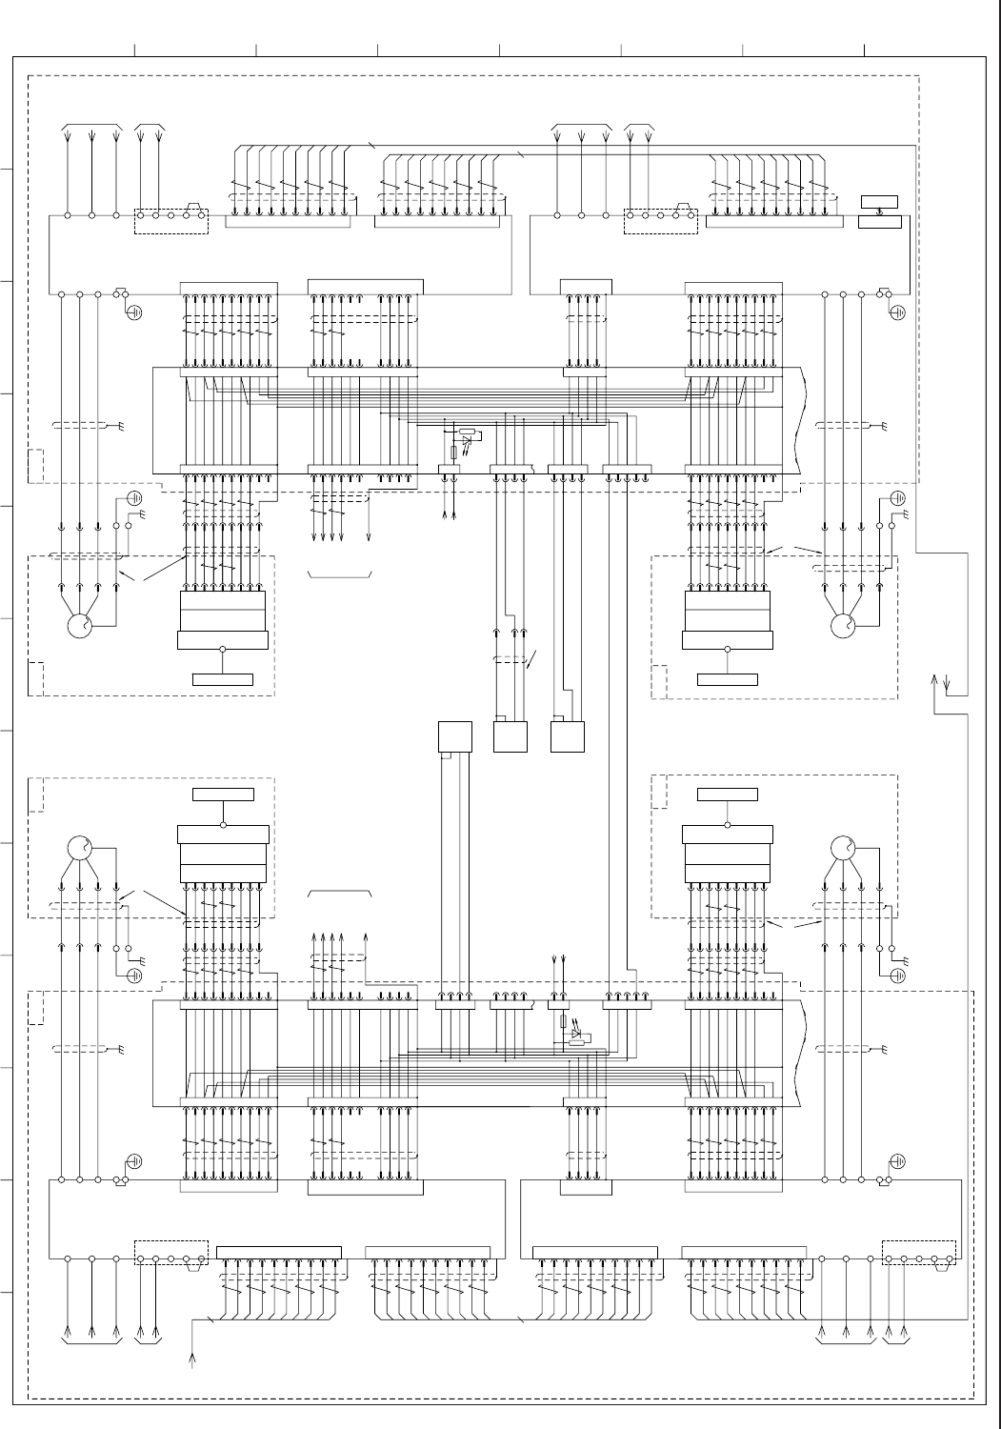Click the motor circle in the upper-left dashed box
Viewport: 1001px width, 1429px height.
point(79,626)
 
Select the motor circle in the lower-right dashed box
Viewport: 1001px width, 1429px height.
point(842,847)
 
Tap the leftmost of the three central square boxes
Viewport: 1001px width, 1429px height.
point(454,737)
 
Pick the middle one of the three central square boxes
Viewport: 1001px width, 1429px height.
point(511,737)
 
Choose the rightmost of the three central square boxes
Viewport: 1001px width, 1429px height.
point(568,737)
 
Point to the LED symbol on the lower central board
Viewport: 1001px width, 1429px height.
point(574,1034)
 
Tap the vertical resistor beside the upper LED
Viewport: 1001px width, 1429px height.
point(453,452)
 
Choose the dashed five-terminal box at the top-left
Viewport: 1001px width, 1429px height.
point(171,221)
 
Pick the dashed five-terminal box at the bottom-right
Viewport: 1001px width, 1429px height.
point(919,1253)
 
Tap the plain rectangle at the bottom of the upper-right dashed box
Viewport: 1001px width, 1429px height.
point(728,679)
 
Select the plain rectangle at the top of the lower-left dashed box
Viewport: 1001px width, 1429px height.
point(224,795)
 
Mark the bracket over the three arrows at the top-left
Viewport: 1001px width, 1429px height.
point(91,126)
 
